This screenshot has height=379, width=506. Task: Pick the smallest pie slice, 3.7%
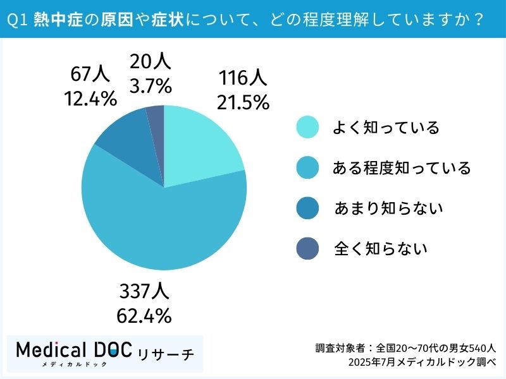156,117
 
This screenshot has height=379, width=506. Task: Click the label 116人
244,78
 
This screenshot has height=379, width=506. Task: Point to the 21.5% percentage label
244,101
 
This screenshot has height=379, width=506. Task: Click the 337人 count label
144,292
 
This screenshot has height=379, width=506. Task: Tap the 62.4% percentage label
144,315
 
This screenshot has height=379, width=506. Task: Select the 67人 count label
90,75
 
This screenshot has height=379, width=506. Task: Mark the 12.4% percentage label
90,98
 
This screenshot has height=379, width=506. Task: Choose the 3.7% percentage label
150,84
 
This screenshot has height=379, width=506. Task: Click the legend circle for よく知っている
308,128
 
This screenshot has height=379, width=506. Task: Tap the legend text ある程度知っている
402,168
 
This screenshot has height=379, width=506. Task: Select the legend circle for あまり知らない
308,208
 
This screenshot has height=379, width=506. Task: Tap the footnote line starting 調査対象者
405,347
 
